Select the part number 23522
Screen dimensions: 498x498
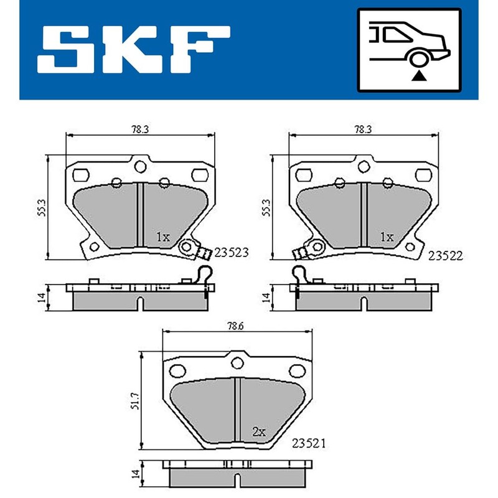(446, 255)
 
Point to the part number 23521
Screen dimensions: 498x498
(309, 443)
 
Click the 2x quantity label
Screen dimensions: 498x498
(259, 431)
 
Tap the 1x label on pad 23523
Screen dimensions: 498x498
(162, 237)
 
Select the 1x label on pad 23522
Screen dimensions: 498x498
(387, 237)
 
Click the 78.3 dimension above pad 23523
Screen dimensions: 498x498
(139, 129)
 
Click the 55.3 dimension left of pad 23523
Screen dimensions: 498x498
(42, 207)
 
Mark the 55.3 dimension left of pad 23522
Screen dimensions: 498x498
(266, 207)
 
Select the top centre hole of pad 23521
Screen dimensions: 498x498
(237, 362)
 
